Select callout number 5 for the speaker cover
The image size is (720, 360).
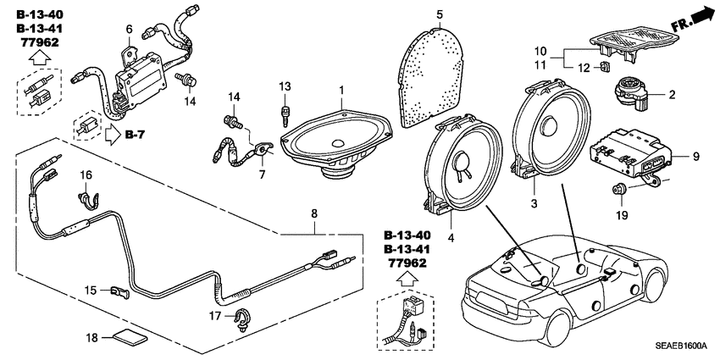pyautogui.click(x=440, y=14)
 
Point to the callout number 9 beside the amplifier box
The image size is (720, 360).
pyautogui.click(x=695, y=157)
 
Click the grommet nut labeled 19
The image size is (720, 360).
pyautogui.click(x=618, y=189)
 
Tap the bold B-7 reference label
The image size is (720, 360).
pyautogui.click(x=136, y=135)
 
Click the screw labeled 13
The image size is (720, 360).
pyautogui.click(x=287, y=114)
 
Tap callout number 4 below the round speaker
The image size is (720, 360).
pyautogui.click(x=451, y=238)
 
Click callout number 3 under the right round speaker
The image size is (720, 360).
pyautogui.click(x=534, y=203)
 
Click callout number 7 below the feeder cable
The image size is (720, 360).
pyautogui.click(x=261, y=174)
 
